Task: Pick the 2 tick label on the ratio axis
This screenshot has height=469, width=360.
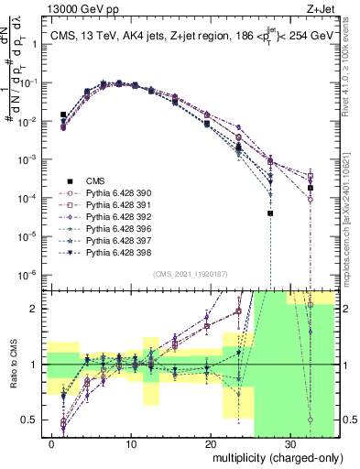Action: tap(39, 309)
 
